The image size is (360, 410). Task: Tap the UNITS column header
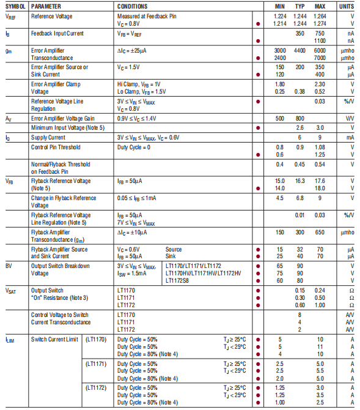(347, 6)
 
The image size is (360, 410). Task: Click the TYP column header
(300, 6)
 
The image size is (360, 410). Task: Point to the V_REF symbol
(11, 17)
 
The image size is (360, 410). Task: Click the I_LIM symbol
(10, 338)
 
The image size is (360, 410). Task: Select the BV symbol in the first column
(9, 266)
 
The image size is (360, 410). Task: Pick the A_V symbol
(9, 118)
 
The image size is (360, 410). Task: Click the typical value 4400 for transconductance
(299, 50)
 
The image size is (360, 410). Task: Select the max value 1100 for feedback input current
(319, 40)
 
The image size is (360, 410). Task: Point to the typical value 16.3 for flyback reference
(299, 181)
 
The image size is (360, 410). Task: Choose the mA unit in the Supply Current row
(350, 138)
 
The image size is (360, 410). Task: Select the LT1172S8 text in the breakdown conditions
(180, 280)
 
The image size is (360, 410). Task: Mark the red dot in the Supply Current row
(259, 138)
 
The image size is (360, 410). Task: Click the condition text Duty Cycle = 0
(134, 147)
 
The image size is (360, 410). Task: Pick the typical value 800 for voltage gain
(299, 118)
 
